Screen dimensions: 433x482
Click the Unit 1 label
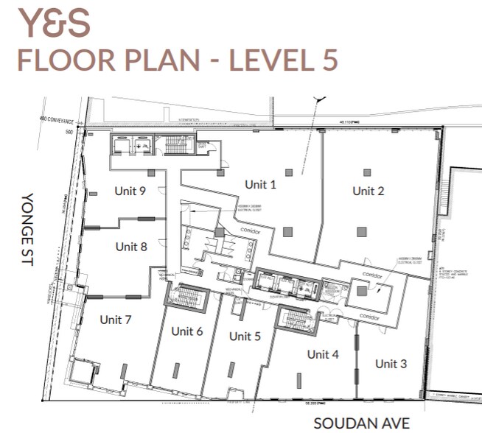click(260, 185)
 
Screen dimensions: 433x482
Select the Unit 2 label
click(368, 191)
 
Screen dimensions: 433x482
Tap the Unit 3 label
click(391, 364)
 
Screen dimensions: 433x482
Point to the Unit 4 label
click(323, 354)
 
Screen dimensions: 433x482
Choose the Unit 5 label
click(245, 337)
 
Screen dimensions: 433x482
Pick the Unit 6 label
click(186, 331)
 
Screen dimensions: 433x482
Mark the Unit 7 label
click(115, 320)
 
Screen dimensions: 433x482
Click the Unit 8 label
click(130, 247)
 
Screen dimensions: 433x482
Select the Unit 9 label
click(130, 191)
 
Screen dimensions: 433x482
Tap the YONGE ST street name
click(27, 229)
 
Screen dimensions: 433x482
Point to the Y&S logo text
click(54, 23)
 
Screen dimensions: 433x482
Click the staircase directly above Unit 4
click(296, 320)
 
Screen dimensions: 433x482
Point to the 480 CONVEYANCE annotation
click(60, 119)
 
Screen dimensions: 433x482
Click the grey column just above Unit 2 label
click(366, 172)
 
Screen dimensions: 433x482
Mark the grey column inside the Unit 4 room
click(298, 380)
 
